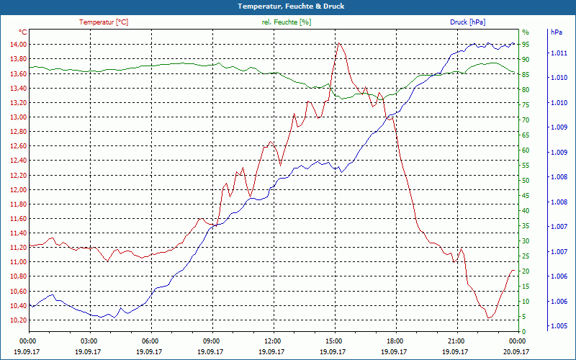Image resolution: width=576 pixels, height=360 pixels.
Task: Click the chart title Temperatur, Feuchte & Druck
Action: pyautogui.click(x=288, y=6)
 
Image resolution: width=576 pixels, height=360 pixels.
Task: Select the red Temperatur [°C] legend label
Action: pyautogui.click(x=104, y=22)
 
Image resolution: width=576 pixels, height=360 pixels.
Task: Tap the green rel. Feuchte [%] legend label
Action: pyautogui.click(x=287, y=22)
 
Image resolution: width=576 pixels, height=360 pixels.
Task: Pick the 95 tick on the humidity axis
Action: pyautogui.click(x=526, y=45)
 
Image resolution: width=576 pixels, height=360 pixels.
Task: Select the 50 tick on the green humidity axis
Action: pyautogui.click(x=526, y=181)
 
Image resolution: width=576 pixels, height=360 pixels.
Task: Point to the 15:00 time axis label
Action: pyautogui.click(x=334, y=341)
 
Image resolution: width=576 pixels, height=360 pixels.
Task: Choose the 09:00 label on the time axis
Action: pyautogui.click(x=212, y=341)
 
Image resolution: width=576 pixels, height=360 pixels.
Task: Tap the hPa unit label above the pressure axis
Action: pyautogui.click(x=557, y=32)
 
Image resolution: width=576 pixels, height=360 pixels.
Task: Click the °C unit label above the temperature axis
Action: pyautogui.click(x=23, y=32)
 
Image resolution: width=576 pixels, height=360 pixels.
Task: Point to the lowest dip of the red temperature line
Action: pyautogui.click(x=489, y=318)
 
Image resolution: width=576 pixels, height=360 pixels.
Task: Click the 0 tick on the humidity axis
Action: pyautogui.click(x=523, y=331)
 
